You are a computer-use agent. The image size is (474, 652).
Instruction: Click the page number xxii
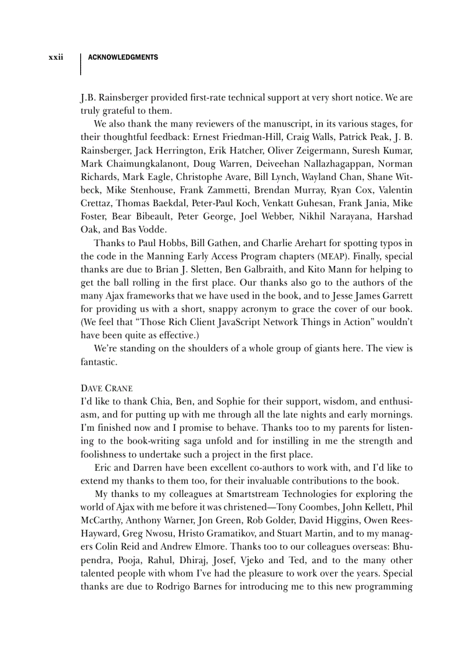coord(56,58)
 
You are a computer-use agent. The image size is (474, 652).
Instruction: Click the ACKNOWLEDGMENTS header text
coord(123,58)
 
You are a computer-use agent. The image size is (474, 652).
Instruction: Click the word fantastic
coord(99,362)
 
